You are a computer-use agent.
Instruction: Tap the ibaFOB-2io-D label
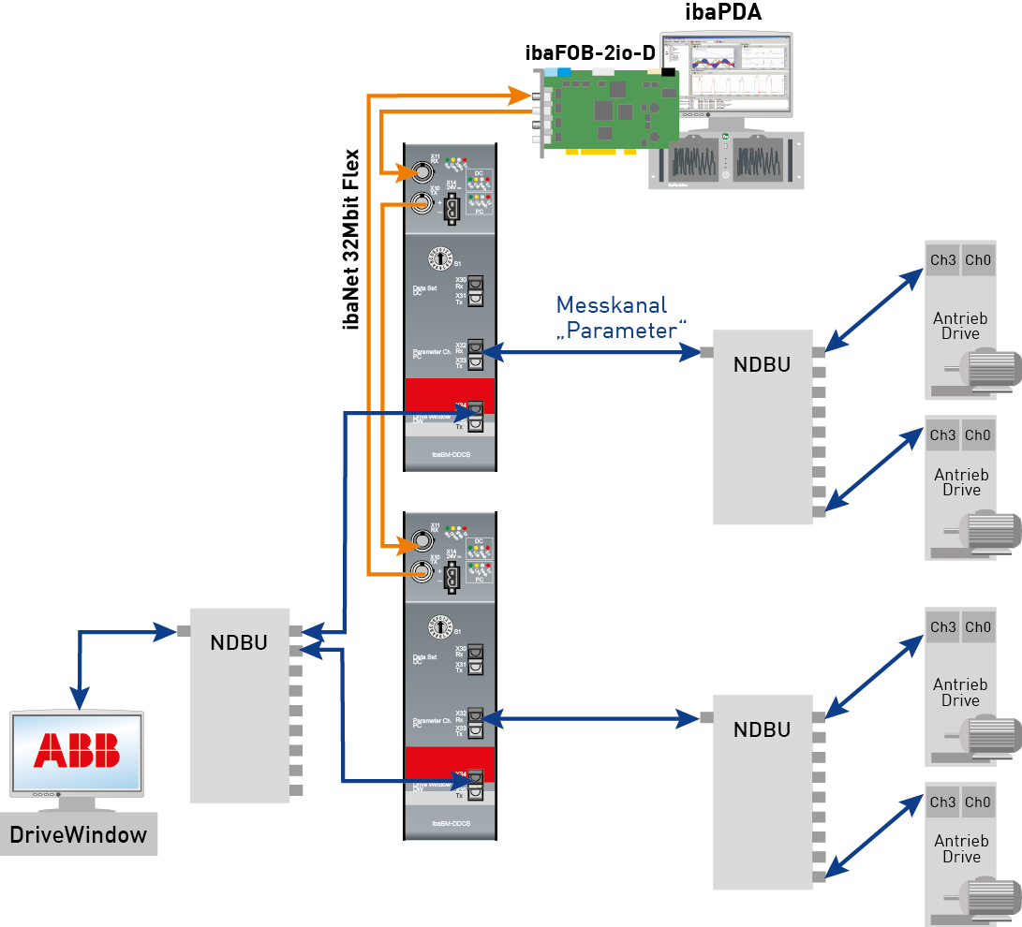coord(590,53)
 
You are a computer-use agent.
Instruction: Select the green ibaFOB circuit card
coord(609,112)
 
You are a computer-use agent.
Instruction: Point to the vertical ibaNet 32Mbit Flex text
coord(353,239)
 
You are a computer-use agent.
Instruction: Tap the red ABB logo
coord(77,750)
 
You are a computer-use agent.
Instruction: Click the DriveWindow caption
coord(79,835)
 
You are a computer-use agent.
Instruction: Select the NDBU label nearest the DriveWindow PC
coord(239,643)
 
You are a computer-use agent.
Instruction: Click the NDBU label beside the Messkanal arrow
coord(762,365)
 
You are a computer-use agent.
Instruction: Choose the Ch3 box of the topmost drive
coord(942,259)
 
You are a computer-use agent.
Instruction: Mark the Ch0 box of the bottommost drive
coord(977,802)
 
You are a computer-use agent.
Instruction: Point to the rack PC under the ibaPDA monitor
coord(726,160)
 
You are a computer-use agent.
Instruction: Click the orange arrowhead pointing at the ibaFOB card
coord(520,95)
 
